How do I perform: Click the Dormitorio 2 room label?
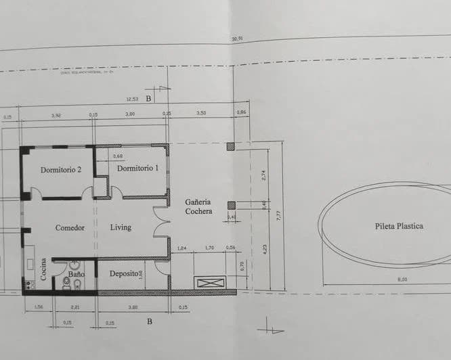[x=61, y=170]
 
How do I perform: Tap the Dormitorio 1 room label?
[x=138, y=168]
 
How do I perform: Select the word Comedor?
[x=70, y=228]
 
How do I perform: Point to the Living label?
[x=121, y=227]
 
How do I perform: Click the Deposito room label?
[x=123, y=273]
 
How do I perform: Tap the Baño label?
[x=76, y=265]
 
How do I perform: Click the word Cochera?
[x=199, y=211]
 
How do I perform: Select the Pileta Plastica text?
[x=399, y=226]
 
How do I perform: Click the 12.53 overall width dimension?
[x=132, y=99]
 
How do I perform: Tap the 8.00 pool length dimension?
[x=383, y=279]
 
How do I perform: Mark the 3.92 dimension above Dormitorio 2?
[x=56, y=115]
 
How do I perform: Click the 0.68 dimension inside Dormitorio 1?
[x=118, y=156]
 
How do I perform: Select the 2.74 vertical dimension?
[x=265, y=174]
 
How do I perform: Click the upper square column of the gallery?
[x=231, y=146]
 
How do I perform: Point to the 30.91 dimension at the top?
[x=236, y=39]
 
